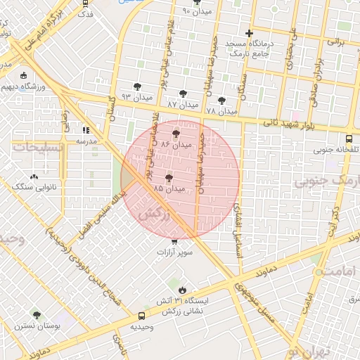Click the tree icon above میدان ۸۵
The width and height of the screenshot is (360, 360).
click(169, 179)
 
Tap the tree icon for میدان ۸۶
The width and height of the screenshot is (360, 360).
click(175, 133)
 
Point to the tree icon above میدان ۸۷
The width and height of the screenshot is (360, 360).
click(183, 94)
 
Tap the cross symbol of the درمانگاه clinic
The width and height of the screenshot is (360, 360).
click(248, 33)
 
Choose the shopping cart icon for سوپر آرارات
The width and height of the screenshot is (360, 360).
click(174, 242)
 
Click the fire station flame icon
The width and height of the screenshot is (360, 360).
click(182, 289)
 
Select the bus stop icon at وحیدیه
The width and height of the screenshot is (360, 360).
click(142, 316)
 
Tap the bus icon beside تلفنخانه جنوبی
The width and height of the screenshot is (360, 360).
click(349, 139)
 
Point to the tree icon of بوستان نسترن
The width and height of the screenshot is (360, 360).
click(37, 316)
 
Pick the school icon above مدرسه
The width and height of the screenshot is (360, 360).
click(86, 130)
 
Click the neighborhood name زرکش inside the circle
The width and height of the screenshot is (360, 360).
click(156, 215)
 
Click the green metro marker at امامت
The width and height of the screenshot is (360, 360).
click(319, 271)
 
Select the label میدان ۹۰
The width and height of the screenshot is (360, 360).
click(196, 12)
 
